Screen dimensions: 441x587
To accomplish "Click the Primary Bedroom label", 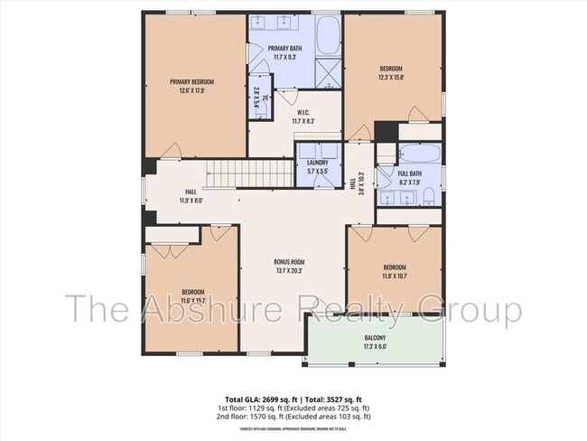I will point(191,81).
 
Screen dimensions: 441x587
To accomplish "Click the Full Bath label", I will point(409,174).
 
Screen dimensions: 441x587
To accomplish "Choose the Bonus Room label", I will point(290,262).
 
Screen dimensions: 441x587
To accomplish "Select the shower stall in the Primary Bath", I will point(328,71).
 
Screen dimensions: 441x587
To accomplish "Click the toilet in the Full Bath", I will point(430,196).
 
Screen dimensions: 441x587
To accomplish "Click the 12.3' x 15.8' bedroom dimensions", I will point(391,78).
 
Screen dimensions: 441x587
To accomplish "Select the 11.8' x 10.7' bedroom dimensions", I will point(395,277).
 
